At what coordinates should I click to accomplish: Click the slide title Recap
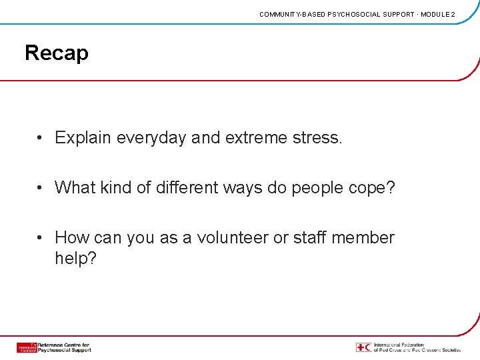[x=57, y=53]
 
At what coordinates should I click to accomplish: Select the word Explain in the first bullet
[x=83, y=138]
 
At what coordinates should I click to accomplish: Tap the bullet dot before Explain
[x=41, y=138]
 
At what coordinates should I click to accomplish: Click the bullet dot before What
[x=41, y=188]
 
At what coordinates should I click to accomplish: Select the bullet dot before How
[x=41, y=238]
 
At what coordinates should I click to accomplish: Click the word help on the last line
[x=75, y=259]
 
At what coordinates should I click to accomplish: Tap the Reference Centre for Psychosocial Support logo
[x=53, y=347]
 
